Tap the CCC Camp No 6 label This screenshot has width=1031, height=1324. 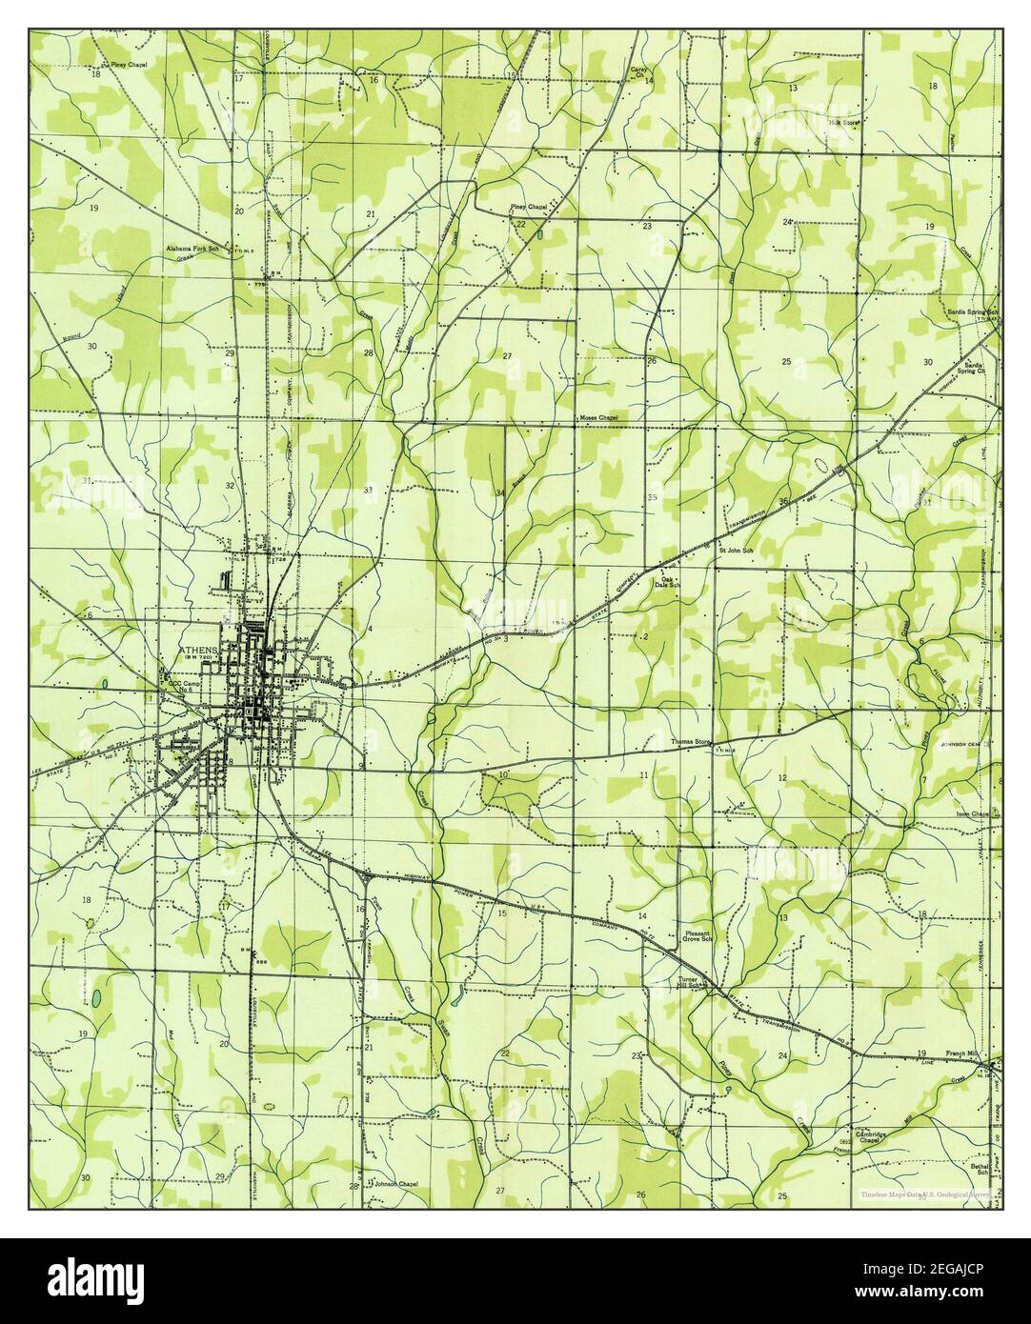point(182,687)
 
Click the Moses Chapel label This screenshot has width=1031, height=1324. point(598,417)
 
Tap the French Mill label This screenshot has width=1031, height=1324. point(961,1053)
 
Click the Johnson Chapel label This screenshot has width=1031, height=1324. point(395,1184)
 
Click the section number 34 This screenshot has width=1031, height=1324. point(499,492)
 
